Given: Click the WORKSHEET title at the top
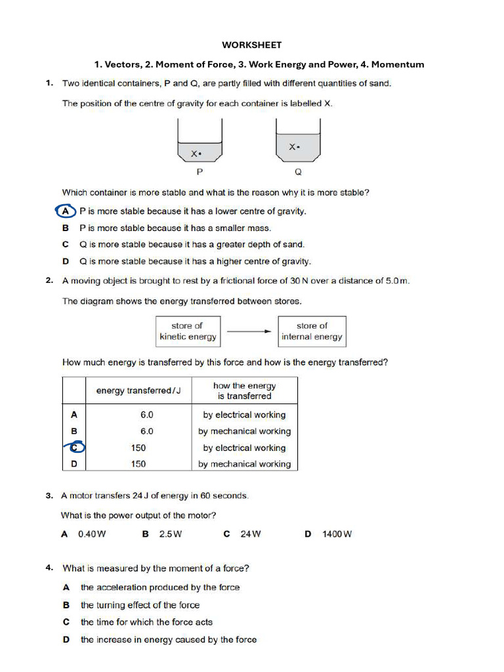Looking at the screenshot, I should [x=251, y=45].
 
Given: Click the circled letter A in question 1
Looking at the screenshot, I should [x=64, y=211].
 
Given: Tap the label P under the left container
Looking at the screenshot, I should [x=199, y=172].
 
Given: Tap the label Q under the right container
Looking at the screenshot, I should [x=298, y=172].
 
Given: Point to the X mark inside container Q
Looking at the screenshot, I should [x=294, y=147].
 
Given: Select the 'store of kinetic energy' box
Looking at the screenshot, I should [x=188, y=331].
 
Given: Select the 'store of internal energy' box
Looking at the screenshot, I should [x=312, y=331].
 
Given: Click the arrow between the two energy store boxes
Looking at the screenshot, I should [x=249, y=331].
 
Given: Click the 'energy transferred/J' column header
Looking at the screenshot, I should [x=138, y=390].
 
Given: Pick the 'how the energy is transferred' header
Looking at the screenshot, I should [x=244, y=391].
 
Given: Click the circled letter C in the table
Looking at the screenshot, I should [x=75, y=448].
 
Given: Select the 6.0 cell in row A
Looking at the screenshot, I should [x=146, y=415].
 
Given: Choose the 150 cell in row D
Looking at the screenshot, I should [x=138, y=464].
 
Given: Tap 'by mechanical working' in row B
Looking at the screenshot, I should [x=244, y=431].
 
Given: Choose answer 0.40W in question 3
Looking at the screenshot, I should [x=92, y=534].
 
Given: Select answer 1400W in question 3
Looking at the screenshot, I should [x=337, y=534].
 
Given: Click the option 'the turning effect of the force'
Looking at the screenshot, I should [x=140, y=605].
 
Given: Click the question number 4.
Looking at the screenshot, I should [x=50, y=568].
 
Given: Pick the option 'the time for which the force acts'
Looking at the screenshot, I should [x=146, y=622].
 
